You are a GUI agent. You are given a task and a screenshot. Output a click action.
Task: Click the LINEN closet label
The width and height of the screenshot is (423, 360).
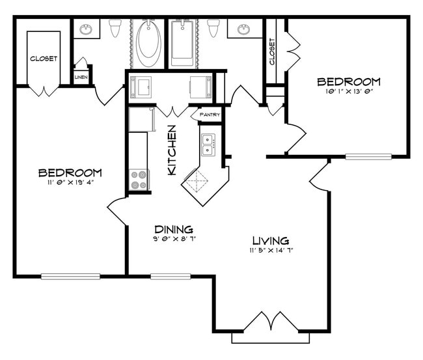[81, 77]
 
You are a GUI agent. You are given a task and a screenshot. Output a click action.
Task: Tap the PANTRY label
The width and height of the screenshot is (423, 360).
[210, 115]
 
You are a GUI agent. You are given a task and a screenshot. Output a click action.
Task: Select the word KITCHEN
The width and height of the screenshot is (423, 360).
[172, 150]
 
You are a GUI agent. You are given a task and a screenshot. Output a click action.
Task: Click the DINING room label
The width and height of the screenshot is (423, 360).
[173, 229]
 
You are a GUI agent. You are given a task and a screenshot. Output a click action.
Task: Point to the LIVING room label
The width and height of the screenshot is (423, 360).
[269, 240]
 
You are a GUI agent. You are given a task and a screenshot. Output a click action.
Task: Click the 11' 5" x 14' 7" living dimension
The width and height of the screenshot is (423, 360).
[269, 251]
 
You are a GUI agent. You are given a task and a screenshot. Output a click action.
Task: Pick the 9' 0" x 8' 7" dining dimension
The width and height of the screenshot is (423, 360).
[174, 239]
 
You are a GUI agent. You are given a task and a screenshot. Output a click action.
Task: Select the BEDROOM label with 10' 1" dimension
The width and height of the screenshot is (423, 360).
[348, 81]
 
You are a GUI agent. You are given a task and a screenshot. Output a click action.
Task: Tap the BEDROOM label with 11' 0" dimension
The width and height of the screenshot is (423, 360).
[70, 173]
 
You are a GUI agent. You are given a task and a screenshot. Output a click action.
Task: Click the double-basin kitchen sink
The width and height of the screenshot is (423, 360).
[208, 145]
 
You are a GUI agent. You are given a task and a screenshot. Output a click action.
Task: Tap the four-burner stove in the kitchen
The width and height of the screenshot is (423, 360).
[139, 179]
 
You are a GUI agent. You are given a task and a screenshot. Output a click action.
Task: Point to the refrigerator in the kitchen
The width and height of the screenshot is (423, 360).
[141, 120]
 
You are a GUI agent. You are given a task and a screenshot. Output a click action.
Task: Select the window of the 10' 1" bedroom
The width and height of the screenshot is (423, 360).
[368, 157]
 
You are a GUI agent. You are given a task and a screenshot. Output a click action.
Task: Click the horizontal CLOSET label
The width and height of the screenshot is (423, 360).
[44, 59]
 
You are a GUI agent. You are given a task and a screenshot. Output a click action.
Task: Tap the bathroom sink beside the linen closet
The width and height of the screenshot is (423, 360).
[86, 29]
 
